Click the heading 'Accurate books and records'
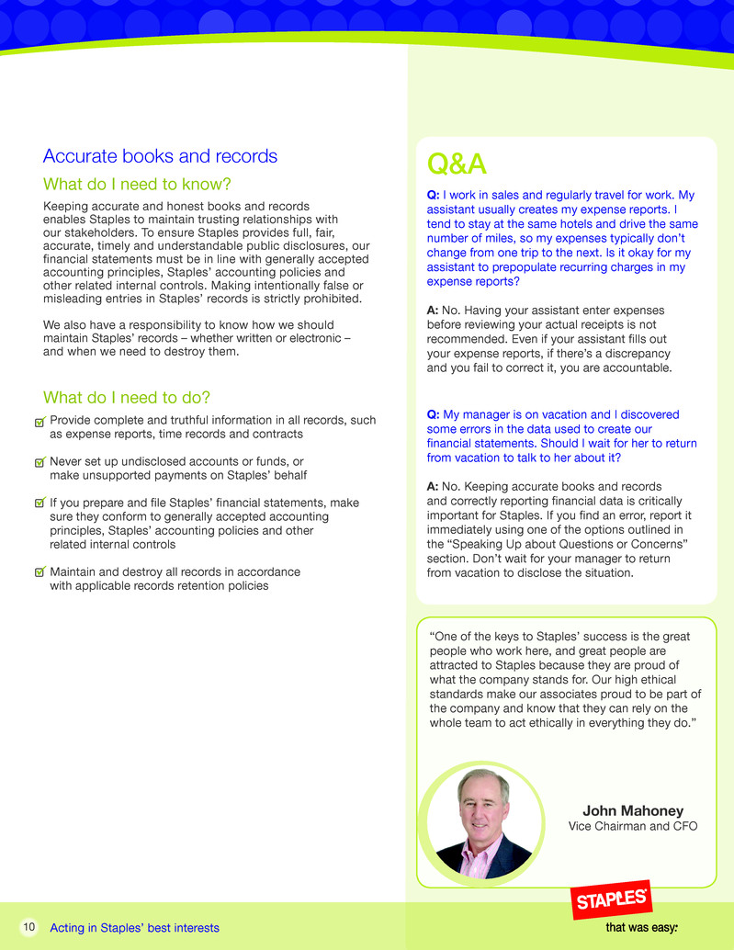[x=160, y=156]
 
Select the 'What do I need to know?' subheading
[x=136, y=185]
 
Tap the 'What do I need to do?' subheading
[x=127, y=398]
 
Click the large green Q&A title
[x=457, y=164]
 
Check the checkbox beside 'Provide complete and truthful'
[x=39, y=421]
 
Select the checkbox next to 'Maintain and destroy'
[x=39, y=572]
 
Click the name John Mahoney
[x=633, y=810]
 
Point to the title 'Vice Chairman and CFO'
[x=633, y=827]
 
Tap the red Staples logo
[x=611, y=901]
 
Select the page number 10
[x=28, y=928]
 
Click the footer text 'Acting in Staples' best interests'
[x=135, y=928]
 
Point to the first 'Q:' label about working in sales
[x=434, y=196]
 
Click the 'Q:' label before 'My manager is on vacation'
[x=434, y=414]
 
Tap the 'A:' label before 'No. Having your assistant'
[x=434, y=311]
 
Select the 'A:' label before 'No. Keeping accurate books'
[x=434, y=486]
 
